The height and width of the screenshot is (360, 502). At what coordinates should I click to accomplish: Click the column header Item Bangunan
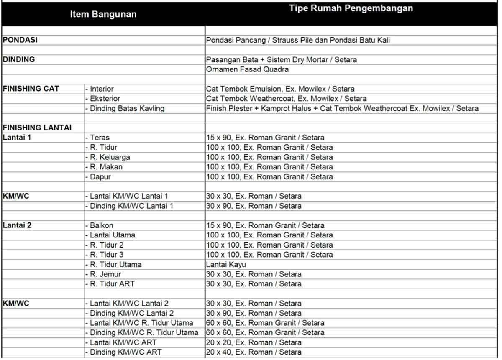[x=103, y=14]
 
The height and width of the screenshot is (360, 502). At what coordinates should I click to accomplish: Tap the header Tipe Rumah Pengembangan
[x=351, y=8]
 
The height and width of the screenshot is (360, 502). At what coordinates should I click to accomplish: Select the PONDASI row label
[x=20, y=40]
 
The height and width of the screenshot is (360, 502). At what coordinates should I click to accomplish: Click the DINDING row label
[x=19, y=59]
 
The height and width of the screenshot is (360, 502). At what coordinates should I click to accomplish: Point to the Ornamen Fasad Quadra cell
[x=247, y=69]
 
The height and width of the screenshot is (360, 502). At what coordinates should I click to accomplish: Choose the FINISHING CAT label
[x=31, y=89]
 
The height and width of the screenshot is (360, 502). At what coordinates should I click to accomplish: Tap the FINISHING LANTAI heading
[x=37, y=128]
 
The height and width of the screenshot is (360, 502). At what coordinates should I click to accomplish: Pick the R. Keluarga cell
[x=110, y=157]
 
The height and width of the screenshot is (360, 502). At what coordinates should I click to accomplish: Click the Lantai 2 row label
[x=17, y=225]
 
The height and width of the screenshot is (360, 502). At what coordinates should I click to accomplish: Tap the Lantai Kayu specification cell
[x=226, y=265]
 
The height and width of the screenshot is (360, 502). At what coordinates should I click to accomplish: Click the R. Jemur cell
[x=105, y=274]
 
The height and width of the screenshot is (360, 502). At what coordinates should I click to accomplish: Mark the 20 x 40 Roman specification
[x=254, y=352]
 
